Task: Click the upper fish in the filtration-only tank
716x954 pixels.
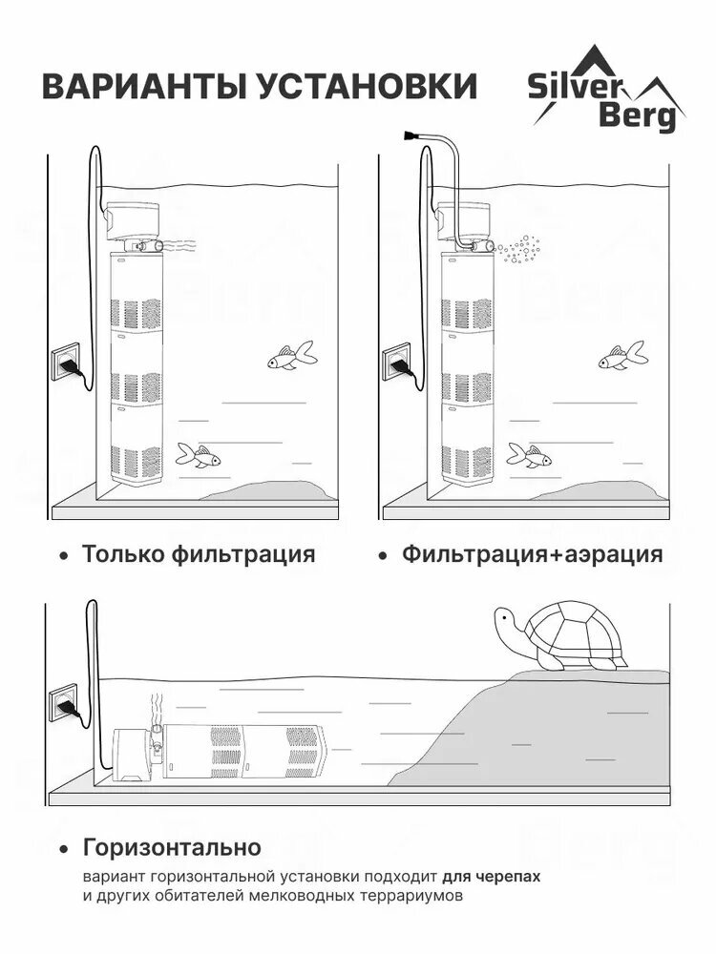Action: [x=292, y=358]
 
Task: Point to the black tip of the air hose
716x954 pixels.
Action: [x=411, y=136]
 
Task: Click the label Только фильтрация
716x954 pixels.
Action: [x=199, y=554]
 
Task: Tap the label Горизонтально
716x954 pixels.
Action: [x=172, y=847]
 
